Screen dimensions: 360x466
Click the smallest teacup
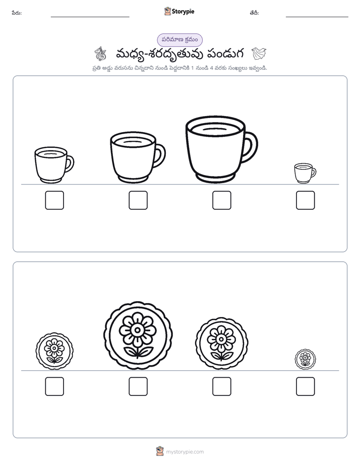tap(305, 173)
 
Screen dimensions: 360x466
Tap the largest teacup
tap(221, 149)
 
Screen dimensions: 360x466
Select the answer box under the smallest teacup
tap(306, 200)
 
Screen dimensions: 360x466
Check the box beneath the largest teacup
tap(221, 200)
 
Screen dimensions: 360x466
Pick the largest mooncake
tap(138, 335)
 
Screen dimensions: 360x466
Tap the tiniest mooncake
tap(305, 359)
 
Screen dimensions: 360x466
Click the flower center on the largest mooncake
tap(138, 330)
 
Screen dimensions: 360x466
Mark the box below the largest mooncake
tap(138, 386)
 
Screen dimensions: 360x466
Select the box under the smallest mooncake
tap(306, 386)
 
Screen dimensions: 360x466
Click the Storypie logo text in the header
tap(183, 11)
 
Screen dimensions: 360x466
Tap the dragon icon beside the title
tap(100, 53)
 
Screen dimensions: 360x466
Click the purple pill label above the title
tap(179, 40)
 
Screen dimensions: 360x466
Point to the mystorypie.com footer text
tap(185, 452)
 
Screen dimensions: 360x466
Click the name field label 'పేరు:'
tap(17, 13)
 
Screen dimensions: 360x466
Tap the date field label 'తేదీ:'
tap(254, 13)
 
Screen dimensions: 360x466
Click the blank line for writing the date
tap(317, 17)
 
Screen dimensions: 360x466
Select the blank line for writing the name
tap(90, 17)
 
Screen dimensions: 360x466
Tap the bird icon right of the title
tap(259, 53)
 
